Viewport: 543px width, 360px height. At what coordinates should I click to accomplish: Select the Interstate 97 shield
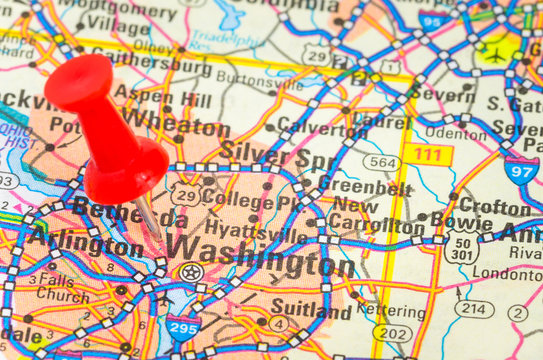pos(520,170)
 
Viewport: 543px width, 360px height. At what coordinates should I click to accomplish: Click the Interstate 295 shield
pos(183,326)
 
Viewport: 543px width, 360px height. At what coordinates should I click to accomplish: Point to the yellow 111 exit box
pos(428,154)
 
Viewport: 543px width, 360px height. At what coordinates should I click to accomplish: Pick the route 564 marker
pos(381,162)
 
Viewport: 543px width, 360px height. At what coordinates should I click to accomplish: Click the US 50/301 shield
pos(461,247)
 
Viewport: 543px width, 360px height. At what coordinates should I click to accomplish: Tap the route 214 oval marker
pos(473,309)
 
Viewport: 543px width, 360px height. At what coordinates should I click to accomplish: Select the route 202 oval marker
pos(393,333)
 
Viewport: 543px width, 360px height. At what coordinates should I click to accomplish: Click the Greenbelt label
pos(365,185)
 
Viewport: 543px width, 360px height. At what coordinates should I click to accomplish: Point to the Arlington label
pos(84,241)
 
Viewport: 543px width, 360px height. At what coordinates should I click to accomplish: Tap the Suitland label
pos(310,311)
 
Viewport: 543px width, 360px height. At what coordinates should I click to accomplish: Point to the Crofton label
pos(495,206)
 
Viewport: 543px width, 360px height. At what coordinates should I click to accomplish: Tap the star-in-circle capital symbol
pos(190,272)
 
